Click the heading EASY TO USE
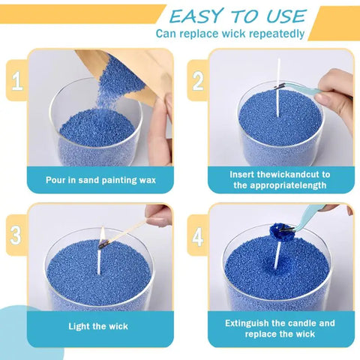(238, 16)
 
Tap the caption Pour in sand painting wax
(100, 179)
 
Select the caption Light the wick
(100, 326)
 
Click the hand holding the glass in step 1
(160, 135)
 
